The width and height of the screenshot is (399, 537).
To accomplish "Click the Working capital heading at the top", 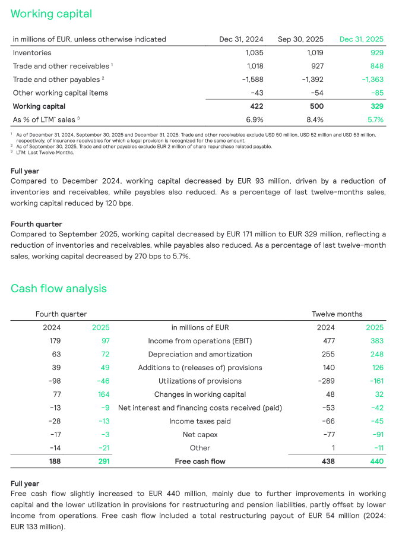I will click(51, 13).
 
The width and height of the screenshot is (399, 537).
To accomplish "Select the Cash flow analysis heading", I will click(59, 289).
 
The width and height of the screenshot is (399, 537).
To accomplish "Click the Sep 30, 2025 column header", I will click(300, 39).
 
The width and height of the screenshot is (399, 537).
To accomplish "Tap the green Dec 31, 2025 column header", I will click(361, 39).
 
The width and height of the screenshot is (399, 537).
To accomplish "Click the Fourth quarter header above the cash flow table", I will click(61, 314).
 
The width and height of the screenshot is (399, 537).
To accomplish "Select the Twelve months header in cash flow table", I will click(337, 314).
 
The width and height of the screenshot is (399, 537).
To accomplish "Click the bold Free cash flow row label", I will click(199, 462).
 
